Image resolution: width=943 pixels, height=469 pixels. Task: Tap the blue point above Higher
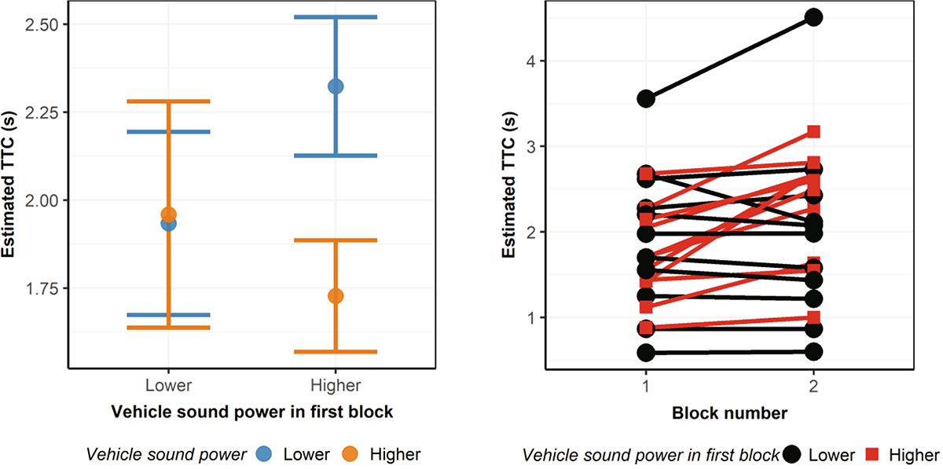pyautogui.click(x=336, y=86)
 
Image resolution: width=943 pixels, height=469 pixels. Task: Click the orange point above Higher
pyautogui.click(x=336, y=296)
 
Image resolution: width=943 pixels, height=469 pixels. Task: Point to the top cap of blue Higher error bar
pyautogui.click(x=336, y=17)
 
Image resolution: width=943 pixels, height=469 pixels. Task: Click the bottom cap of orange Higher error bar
pyautogui.click(x=336, y=351)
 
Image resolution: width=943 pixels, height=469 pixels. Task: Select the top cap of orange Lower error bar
pyautogui.click(x=168, y=101)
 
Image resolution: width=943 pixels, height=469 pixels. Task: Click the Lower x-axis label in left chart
pyautogui.click(x=168, y=386)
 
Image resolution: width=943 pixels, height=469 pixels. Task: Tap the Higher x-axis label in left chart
pyautogui.click(x=336, y=386)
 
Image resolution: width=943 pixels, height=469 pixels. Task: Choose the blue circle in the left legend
pyautogui.click(x=264, y=454)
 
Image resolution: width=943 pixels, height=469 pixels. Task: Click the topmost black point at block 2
pyautogui.click(x=813, y=17)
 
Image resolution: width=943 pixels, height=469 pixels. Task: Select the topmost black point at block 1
pyautogui.click(x=646, y=98)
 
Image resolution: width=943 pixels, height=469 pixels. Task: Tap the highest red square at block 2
pyautogui.click(x=813, y=131)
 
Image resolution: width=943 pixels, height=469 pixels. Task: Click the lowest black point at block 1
pyautogui.click(x=646, y=352)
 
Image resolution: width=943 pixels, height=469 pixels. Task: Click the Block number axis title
pyautogui.click(x=729, y=412)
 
